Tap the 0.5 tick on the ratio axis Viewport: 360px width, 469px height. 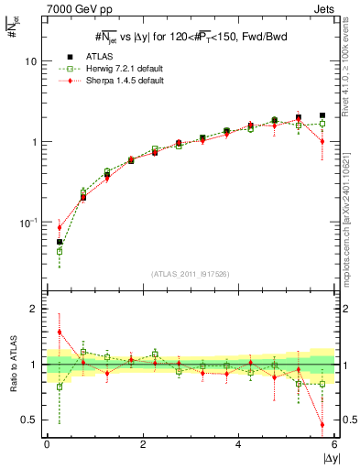(x=29, y=420)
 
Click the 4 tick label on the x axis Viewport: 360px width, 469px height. (x=238, y=443)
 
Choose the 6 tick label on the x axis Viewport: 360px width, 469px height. (x=334, y=443)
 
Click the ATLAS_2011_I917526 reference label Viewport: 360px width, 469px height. (x=191, y=273)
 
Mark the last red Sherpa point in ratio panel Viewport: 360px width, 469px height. (x=322, y=424)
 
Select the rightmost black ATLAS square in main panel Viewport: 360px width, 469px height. (x=322, y=115)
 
